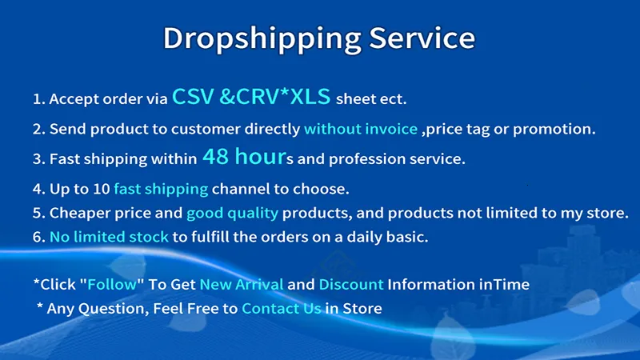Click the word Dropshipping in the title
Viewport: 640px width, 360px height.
262,39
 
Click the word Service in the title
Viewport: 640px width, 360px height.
422,38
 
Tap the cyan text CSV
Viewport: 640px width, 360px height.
193,97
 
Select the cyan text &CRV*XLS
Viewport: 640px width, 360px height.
274,97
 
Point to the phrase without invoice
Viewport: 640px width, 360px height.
361,129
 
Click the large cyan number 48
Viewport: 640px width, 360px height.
215,156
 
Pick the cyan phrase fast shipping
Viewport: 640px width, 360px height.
161,189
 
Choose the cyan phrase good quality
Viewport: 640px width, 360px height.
232,213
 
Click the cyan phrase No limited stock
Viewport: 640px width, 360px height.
109,237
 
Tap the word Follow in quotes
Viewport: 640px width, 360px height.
112,284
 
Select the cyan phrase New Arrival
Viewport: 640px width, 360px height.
242,284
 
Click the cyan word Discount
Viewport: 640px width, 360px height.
351,284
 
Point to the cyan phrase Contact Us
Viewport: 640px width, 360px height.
282,308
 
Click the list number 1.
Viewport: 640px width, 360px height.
38,98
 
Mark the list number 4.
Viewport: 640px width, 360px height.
38,189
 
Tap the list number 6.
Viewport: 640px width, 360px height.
38,237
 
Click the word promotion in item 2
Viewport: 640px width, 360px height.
554,130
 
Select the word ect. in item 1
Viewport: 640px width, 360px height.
393,99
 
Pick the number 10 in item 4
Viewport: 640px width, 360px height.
102,189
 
